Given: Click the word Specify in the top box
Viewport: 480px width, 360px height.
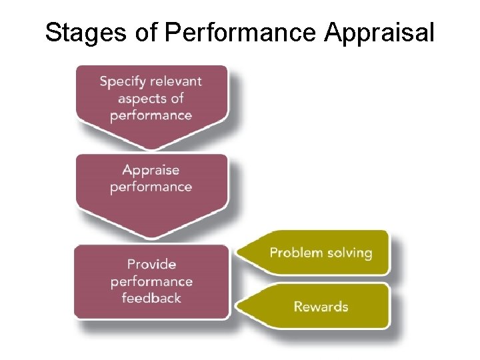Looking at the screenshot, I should click(123, 82).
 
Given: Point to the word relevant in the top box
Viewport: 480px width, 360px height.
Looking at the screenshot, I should click(176, 82).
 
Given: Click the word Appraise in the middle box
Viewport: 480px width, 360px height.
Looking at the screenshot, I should click(151, 169).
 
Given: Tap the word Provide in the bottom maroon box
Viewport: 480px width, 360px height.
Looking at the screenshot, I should click(151, 264).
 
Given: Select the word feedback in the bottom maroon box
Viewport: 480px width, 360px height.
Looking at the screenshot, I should click(151, 298).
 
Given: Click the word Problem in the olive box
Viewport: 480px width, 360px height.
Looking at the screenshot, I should click(296, 253).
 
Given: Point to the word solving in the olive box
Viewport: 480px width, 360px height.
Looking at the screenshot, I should click(348, 253).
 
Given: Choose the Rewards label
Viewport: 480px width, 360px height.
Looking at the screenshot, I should click(321, 307).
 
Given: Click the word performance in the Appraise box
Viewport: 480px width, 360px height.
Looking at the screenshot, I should click(151, 186).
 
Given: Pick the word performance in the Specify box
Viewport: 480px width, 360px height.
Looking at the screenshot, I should click(151, 115).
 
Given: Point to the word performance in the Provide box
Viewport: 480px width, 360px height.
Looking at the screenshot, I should click(151, 281).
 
